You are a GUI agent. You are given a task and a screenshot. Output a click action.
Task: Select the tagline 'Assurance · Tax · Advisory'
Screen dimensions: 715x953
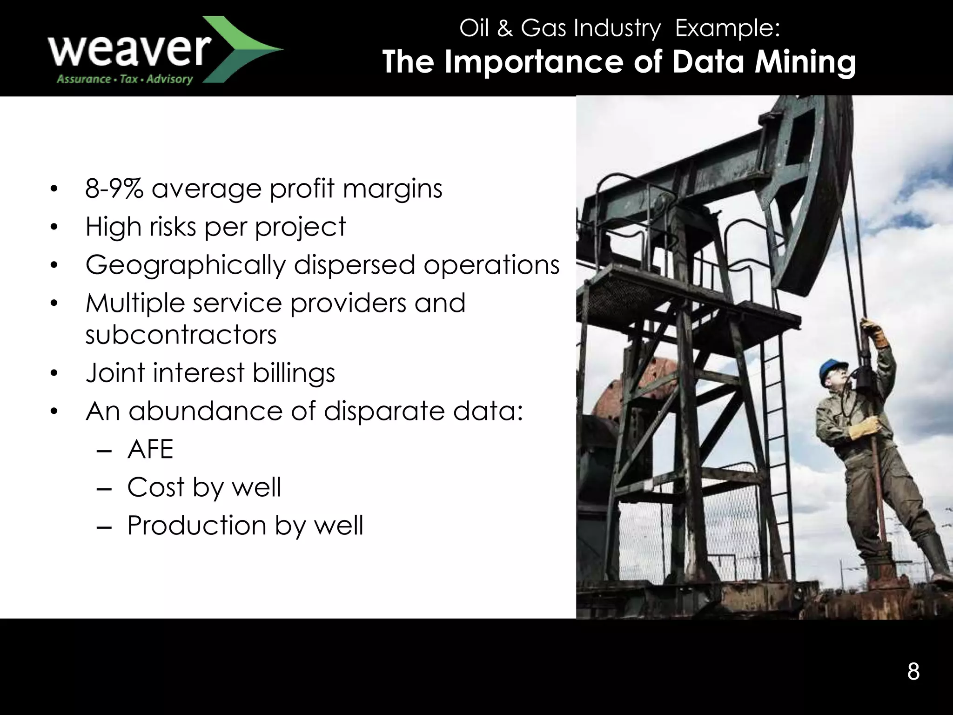[124, 79]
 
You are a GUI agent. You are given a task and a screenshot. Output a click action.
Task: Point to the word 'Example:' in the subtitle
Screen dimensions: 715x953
[728, 28]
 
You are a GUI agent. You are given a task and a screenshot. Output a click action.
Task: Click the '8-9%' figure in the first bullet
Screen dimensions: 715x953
[114, 189]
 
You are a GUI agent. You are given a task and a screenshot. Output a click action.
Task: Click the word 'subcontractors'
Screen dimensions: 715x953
[181, 334]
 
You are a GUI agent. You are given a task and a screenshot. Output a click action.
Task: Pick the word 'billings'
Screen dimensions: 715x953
[294, 373]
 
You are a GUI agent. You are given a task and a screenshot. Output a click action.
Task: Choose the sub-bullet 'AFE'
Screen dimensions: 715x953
[150, 449]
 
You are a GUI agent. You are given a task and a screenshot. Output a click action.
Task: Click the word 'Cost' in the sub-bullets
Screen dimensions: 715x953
[156, 487]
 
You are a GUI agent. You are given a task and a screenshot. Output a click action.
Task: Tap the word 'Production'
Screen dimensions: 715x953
[196, 526]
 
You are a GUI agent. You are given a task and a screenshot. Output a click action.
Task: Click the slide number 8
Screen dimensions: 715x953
[913, 672]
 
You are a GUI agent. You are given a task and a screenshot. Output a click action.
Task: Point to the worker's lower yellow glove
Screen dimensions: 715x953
[865, 428]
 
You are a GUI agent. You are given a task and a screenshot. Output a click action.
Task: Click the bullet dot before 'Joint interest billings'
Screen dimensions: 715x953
[54, 373]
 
